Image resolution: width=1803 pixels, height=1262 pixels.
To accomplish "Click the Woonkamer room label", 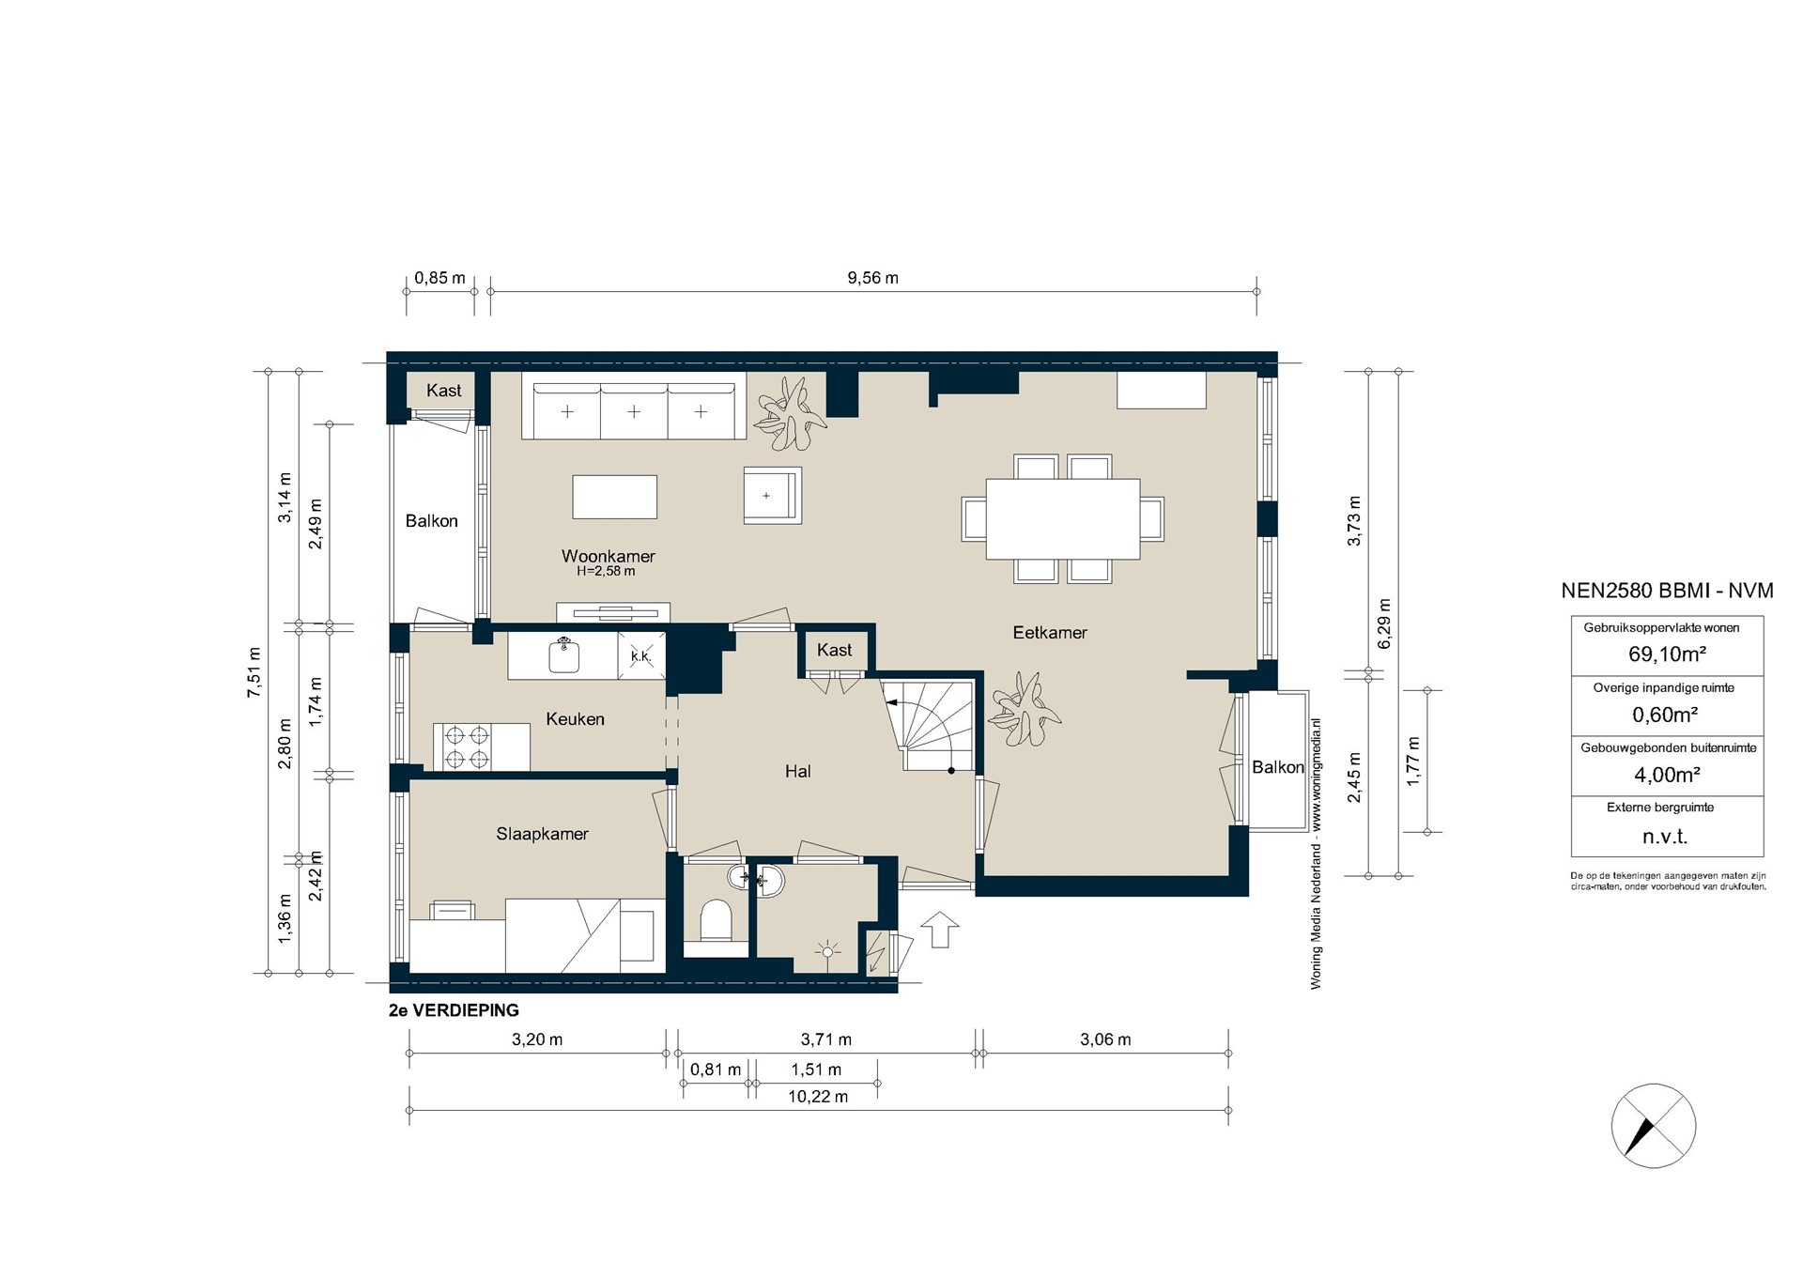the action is (609, 556).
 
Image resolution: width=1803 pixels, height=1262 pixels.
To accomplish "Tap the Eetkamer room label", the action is (1050, 633).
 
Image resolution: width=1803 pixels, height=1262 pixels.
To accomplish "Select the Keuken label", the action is (575, 719).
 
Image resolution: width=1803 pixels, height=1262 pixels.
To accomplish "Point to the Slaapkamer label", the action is (543, 834).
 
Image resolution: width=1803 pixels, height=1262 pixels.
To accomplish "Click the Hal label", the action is (798, 772).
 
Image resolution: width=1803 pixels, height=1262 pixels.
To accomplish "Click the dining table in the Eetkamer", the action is (1063, 519).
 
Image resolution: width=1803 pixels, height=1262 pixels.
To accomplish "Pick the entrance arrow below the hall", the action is (940, 930).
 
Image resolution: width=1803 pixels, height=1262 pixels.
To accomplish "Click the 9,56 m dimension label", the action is (873, 278).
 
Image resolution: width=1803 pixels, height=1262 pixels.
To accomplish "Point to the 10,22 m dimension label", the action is (818, 1097).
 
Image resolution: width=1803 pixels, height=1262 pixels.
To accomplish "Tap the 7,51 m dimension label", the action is (254, 672).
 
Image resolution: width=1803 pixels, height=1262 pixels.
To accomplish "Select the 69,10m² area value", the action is (1667, 654).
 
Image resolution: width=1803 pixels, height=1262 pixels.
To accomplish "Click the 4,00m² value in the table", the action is (1667, 775).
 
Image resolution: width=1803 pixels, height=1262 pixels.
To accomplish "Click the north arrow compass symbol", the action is (1654, 1126).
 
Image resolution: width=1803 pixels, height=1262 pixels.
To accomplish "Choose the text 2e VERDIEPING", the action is (454, 1011).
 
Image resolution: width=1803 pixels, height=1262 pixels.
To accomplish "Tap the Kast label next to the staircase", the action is (835, 650).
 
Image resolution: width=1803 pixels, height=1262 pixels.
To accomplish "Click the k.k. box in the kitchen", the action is (641, 655).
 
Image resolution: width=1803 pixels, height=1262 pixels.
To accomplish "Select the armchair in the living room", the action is (773, 495).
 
